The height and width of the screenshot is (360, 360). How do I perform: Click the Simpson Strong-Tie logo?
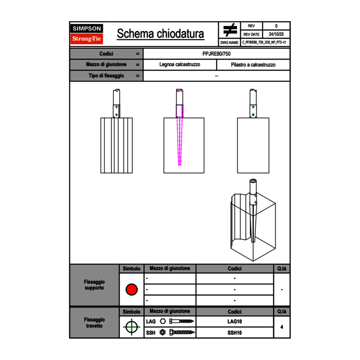point(87,34)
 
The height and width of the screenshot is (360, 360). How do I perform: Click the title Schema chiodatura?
point(160,34)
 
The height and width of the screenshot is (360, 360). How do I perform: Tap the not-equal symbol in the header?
point(229,30)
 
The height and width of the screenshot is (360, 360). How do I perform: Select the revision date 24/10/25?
point(276,34)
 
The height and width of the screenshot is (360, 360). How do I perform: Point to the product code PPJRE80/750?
point(216,54)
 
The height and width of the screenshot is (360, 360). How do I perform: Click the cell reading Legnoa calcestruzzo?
point(180,65)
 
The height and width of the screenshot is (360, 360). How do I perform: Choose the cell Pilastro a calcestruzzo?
point(253,65)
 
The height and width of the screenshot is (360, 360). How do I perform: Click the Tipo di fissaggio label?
point(106,76)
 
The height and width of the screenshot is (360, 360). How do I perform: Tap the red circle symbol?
point(131,289)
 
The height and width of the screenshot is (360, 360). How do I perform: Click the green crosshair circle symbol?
point(131,327)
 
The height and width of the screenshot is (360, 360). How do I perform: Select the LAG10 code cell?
point(234,322)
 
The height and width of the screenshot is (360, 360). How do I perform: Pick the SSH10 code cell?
point(234,333)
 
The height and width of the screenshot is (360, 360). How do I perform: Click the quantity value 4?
point(281,327)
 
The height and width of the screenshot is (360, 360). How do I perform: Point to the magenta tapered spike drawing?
point(180,139)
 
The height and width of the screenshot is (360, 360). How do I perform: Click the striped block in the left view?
point(117,145)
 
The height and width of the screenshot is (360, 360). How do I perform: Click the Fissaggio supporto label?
point(94,285)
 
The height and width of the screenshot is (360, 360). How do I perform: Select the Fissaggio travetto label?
point(94,322)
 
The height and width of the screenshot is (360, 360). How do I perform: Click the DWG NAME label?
point(229,42)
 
